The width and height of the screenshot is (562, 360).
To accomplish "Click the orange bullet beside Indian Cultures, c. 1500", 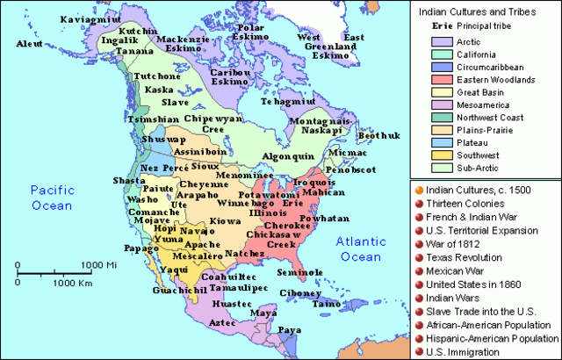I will pyautogui.click(x=419, y=190).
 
